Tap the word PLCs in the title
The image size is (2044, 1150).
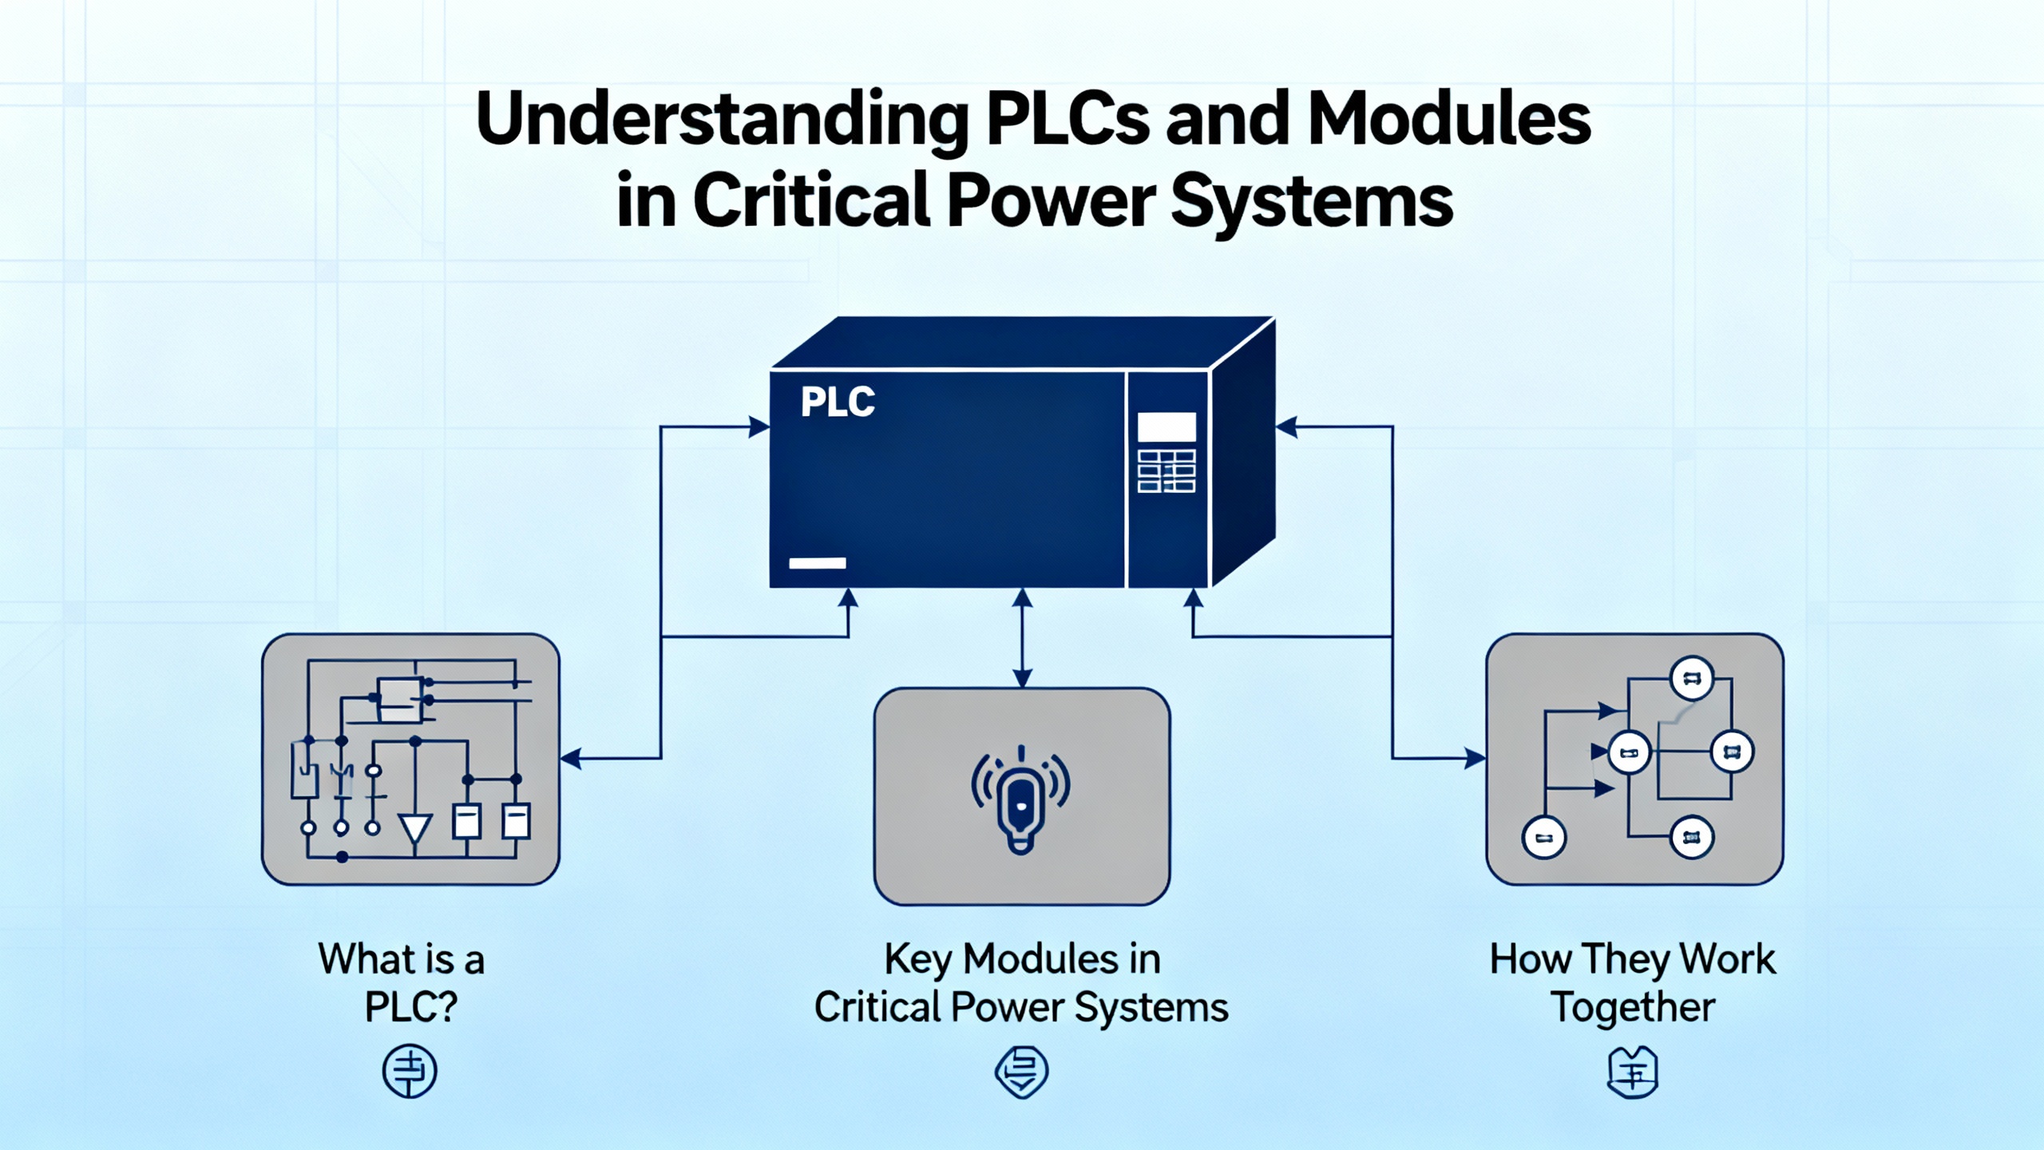pos(1069,120)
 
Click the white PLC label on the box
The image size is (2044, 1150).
pos(838,402)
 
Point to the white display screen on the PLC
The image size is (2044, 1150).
pos(1167,427)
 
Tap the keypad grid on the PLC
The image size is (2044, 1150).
pos(1167,471)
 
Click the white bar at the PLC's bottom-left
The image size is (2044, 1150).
pos(817,563)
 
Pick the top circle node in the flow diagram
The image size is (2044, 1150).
pos(1691,679)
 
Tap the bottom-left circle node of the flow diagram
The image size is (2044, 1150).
pos(1544,838)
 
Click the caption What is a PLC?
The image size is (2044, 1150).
pos(403,982)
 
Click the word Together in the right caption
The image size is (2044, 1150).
pos(1633,1007)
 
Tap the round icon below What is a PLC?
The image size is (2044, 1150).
pos(410,1071)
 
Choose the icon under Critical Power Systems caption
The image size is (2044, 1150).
pos(1021,1072)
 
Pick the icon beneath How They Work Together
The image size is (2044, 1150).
pos(1633,1073)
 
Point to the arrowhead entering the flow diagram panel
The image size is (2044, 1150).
pos(1475,758)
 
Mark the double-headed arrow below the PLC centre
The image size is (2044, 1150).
pos(1022,637)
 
